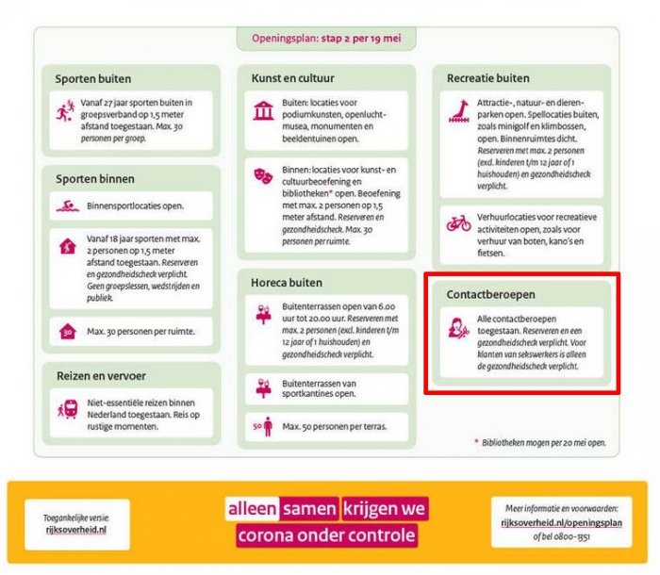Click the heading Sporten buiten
click(93, 78)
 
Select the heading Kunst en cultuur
click(293, 77)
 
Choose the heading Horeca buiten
click(287, 282)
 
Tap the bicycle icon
click(459, 224)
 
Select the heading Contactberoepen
click(490, 294)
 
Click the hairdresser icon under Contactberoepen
click(459, 329)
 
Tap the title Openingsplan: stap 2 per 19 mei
click(327, 39)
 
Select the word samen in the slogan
click(308, 509)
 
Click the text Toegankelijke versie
click(76, 517)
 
